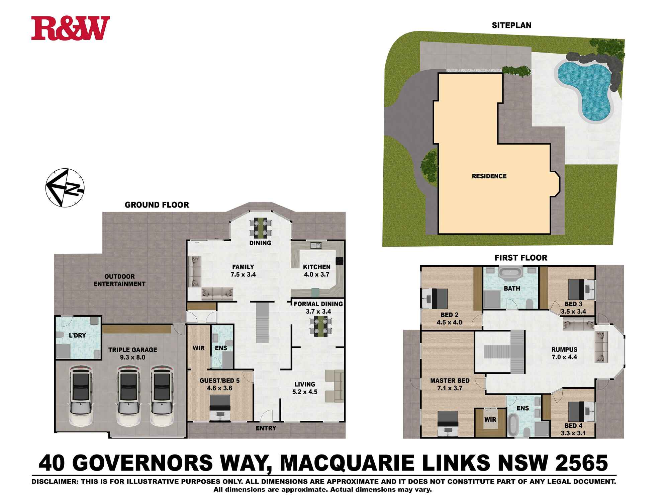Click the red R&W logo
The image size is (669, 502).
(x=71, y=28)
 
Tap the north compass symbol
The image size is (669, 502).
(x=65, y=187)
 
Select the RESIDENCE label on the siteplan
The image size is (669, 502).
(x=489, y=176)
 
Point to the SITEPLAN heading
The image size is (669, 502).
(x=511, y=25)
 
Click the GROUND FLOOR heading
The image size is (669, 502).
(x=157, y=205)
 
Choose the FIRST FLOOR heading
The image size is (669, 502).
(x=521, y=258)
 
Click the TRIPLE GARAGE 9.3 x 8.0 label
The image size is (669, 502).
(x=132, y=353)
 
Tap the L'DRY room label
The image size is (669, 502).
(x=77, y=335)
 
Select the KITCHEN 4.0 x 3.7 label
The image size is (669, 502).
(x=316, y=271)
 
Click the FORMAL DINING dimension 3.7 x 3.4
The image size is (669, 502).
(x=318, y=312)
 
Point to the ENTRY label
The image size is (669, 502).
(x=266, y=428)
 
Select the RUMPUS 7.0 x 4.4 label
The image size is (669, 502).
(x=564, y=353)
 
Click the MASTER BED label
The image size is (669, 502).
(x=450, y=381)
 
